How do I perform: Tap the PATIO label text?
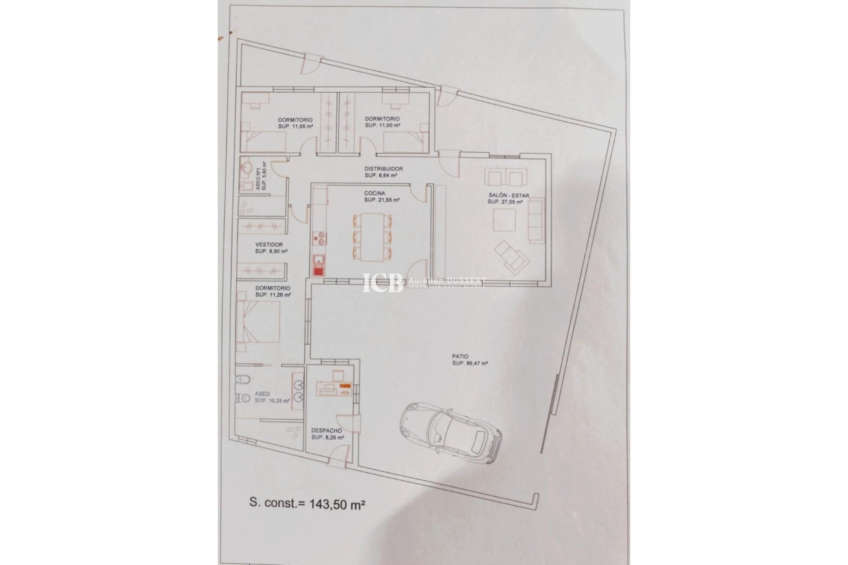[x=460, y=356]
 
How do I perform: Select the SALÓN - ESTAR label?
[x=509, y=195]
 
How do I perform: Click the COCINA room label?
[x=375, y=193]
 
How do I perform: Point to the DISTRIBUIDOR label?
[x=383, y=169]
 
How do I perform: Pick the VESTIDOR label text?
[x=269, y=245]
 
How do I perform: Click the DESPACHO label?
[x=326, y=430]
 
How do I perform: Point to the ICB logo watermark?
[x=382, y=282]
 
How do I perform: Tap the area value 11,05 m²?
[x=295, y=126]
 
